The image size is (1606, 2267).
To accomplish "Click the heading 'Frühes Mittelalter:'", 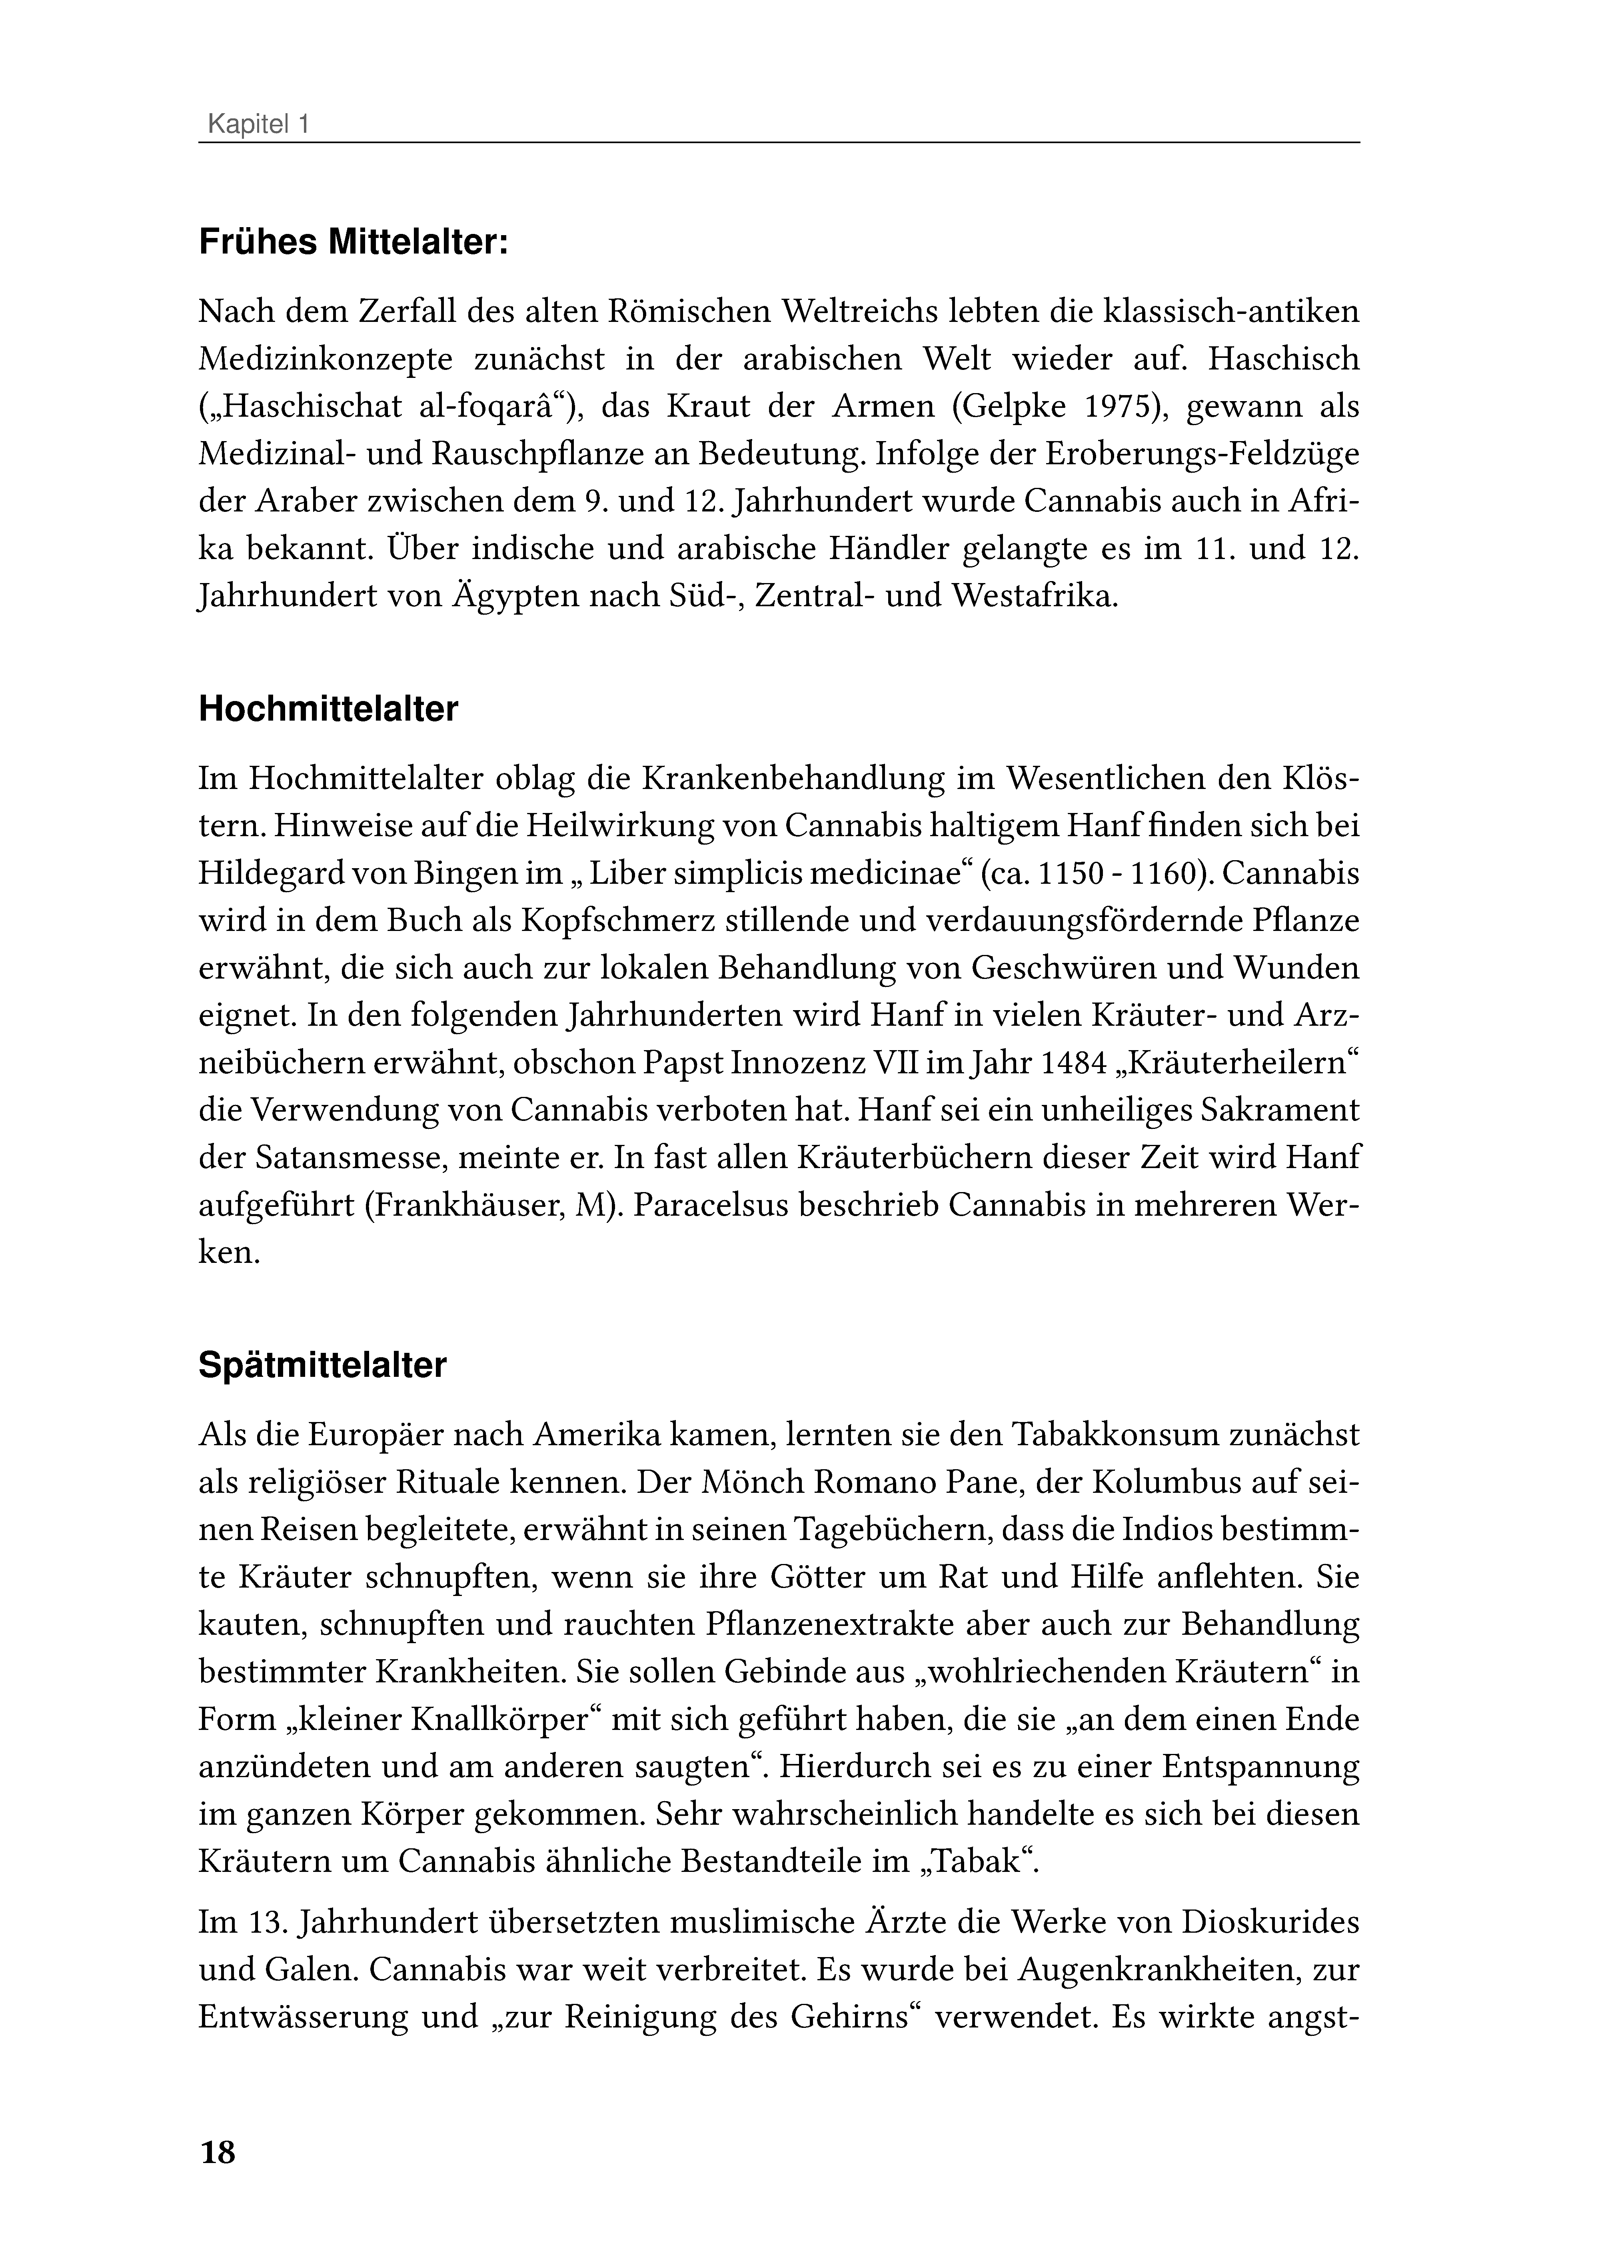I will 353,242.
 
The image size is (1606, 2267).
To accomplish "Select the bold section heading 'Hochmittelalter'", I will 328,710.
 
